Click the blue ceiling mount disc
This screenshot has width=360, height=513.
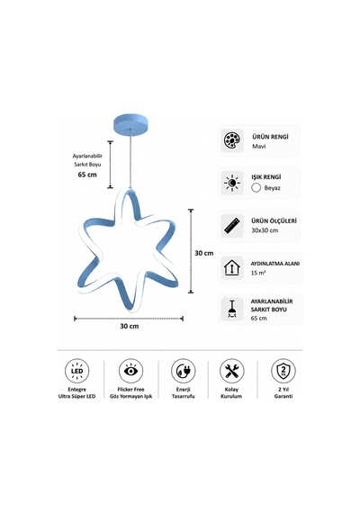click(130, 123)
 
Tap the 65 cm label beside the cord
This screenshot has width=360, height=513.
click(87, 175)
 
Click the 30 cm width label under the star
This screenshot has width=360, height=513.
click(130, 326)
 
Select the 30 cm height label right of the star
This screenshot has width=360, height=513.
click(204, 253)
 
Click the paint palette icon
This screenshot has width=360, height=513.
click(232, 140)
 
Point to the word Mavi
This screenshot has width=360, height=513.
click(258, 146)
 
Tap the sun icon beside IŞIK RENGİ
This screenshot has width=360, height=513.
click(232, 183)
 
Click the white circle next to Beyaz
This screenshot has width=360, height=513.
click(256, 188)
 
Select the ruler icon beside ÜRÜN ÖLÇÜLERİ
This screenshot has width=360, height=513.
click(232, 226)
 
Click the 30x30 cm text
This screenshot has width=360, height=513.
click(265, 230)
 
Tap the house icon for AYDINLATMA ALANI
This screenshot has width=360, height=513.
click(232, 267)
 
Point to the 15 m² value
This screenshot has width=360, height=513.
click(258, 273)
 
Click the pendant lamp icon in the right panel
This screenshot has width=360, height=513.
click(232, 310)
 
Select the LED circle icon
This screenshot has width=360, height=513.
click(76, 371)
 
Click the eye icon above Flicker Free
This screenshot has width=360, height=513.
click(130, 371)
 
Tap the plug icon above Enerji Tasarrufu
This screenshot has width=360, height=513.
click(184, 371)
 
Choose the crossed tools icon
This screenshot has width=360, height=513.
click(232, 371)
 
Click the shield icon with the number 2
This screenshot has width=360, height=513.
click(283, 371)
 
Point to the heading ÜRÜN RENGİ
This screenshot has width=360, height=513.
click(270, 137)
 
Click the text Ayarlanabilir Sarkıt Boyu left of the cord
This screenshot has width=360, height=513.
click(87, 160)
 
